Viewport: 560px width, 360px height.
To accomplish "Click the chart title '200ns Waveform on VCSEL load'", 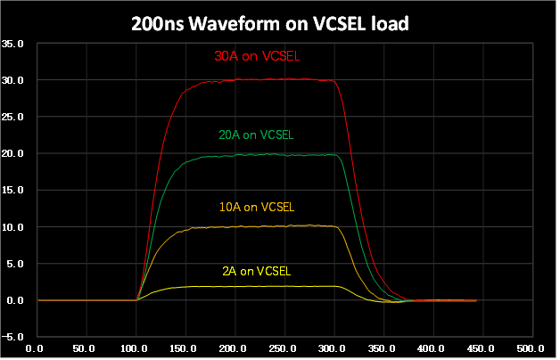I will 279,23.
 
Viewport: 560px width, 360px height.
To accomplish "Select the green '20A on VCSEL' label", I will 256,135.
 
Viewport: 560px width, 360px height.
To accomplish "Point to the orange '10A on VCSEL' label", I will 256,207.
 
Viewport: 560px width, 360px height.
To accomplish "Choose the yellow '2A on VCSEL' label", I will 256,270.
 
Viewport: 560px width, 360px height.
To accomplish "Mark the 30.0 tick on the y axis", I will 12,80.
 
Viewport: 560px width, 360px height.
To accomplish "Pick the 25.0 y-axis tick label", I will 12,117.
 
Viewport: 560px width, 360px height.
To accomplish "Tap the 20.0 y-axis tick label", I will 12,153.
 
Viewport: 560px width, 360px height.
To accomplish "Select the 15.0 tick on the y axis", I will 12,191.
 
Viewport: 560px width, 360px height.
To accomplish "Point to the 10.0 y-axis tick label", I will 12,227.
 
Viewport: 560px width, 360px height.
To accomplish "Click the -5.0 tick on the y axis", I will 12,337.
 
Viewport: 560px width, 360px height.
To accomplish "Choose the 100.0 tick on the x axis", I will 136,348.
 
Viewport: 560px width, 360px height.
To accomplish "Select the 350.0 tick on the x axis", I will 334,348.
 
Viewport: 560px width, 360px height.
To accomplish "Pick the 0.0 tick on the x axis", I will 37,348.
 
